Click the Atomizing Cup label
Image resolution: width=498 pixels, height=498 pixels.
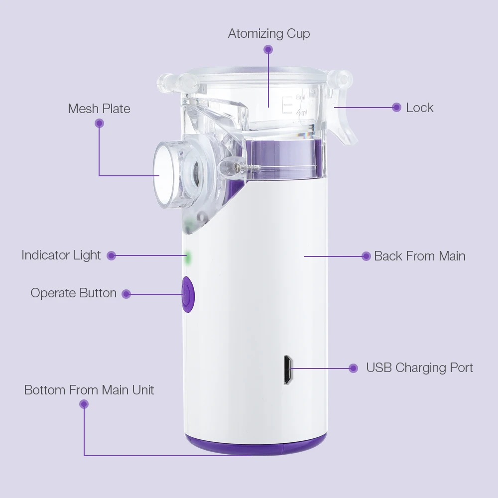click(x=269, y=34)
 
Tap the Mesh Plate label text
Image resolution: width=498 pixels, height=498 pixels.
click(x=99, y=109)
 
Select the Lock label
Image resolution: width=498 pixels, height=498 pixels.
click(x=419, y=108)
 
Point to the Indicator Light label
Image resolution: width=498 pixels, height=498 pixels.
click(x=61, y=255)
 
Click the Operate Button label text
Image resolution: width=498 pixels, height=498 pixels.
click(x=74, y=293)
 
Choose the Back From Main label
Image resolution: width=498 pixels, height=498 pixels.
click(x=420, y=256)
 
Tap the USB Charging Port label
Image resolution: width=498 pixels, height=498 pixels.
click(x=419, y=368)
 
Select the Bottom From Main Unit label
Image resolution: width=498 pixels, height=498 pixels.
click(x=89, y=390)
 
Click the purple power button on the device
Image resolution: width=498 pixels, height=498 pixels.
click(x=187, y=294)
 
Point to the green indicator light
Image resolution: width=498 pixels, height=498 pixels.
click(x=188, y=257)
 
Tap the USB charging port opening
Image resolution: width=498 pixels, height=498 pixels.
click(x=288, y=369)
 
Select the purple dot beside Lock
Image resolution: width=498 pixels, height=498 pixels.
click(x=396, y=107)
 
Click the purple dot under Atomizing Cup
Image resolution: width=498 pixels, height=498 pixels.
click(x=268, y=49)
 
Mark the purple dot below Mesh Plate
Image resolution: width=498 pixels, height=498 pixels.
click(x=100, y=124)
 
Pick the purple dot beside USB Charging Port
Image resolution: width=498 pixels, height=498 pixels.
click(x=354, y=368)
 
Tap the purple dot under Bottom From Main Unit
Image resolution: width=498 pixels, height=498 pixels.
click(x=84, y=404)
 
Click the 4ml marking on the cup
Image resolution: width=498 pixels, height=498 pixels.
click(x=302, y=113)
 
